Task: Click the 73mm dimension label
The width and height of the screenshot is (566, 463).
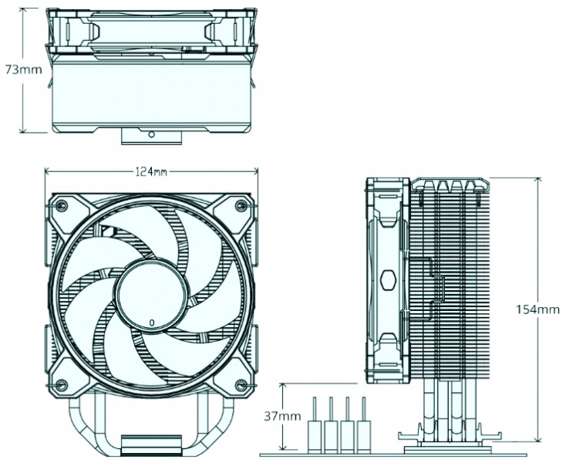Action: pyautogui.click(x=23, y=69)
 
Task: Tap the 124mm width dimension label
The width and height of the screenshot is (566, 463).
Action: pyautogui.click(x=151, y=171)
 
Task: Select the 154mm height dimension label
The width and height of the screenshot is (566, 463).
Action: pyautogui.click(x=537, y=310)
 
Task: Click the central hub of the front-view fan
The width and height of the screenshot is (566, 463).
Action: pyautogui.click(x=151, y=295)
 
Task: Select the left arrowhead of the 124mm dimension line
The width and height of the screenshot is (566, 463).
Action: pyautogui.click(x=46, y=171)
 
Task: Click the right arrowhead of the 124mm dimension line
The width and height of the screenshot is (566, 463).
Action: pyautogui.click(x=256, y=171)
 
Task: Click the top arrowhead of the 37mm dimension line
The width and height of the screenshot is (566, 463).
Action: pyautogui.click(x=285, y=384)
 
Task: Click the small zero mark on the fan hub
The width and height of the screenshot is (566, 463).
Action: pyautogui.click(x=151, y=320)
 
